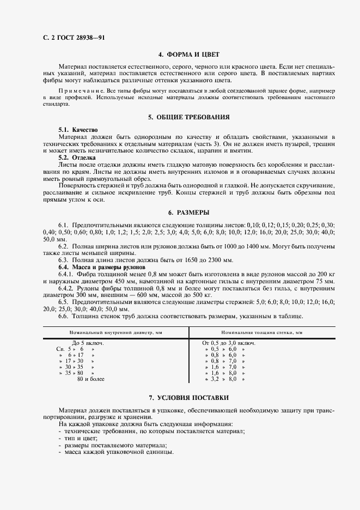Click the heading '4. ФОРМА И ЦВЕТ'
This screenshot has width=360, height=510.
pyautogui.click(x=188, y=54)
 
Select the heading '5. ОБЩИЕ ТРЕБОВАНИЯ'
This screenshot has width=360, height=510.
pyautogui.click(x=188, y=117)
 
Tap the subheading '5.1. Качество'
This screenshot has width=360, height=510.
pyautogui.click(x=78, y=130)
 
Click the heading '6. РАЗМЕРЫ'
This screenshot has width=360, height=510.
pyautogui.click(x=188, y=212)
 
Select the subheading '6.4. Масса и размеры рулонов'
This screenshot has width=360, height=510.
pyautogui.click(x=102, y=267)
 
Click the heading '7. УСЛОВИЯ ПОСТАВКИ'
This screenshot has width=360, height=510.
pyautogui.click(x=188, y=398)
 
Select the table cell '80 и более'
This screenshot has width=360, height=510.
pyautogui.click(x=91, y=379)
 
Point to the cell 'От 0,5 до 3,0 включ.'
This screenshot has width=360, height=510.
pyautogui.click(x=229, y=343)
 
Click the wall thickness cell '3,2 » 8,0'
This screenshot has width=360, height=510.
pyautogui.click(x=224, y=379)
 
